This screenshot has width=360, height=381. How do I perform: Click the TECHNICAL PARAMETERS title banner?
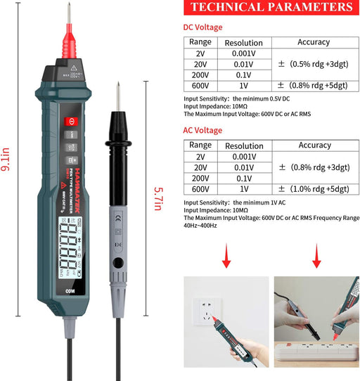(x=271, y=8)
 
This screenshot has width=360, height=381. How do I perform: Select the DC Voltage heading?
(x=202, y=27)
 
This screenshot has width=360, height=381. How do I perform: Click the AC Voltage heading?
(x=202, y=130)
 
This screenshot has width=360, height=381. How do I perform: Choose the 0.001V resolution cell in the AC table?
(x=244, y=157)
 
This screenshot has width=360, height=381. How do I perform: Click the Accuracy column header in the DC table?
(x=314, y=43)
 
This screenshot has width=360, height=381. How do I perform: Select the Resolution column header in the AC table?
(x=244, y=146)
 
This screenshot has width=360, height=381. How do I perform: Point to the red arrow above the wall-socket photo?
(x=226, y=257)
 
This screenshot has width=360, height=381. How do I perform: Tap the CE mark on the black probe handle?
(x=118, y=216)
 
